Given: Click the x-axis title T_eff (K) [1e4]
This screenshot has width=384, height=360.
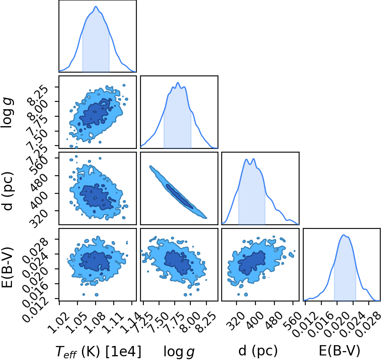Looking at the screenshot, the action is click(98, 351).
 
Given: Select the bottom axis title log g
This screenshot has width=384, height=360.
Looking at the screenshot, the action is click(179, 352).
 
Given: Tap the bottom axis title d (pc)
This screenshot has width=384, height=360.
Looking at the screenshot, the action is click(258, 351).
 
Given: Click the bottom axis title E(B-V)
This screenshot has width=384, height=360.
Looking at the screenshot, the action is click(340, 351).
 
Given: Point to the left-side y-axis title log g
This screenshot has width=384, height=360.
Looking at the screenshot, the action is click(7, 112).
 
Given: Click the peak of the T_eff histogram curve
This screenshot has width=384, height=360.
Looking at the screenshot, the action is click(96, 7).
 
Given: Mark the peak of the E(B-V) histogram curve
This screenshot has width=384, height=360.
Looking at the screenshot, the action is click(343, 235).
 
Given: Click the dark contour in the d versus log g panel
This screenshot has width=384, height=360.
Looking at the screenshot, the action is click(180, 196).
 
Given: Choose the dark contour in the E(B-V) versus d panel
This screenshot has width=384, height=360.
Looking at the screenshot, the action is click(252, 263).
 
